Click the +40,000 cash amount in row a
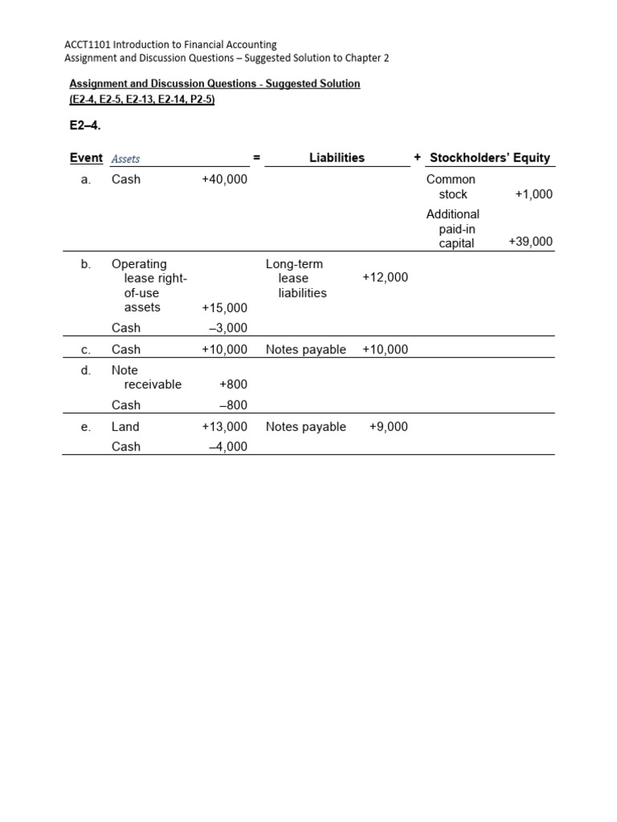pos(224,180)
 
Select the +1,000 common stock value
pos(533,194)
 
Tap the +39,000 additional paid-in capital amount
pos(530,242)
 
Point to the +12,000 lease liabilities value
pos(385,278)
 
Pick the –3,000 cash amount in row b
pos(227,328)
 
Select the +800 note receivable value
pos(233,385)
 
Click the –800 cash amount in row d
pos(233,405)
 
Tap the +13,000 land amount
pos(224,427)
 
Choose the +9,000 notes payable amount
pos(388,427)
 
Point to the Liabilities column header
pos(337,158)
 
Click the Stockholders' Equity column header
pos(490,158)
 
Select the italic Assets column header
pos(125,159)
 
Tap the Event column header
pos(86,158)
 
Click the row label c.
pos(86,350)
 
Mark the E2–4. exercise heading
pos(85,126)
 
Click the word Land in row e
pos(125,427)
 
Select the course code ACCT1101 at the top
pos(85,45)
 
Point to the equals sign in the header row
pos(256,158)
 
